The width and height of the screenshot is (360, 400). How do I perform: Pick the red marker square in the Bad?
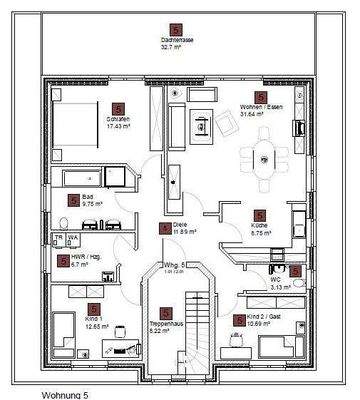click(74, 200)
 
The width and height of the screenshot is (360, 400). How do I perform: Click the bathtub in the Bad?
click(89, 177)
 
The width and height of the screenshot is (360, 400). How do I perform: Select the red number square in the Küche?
click(260, 214)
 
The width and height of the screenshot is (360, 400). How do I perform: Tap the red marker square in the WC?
click(297, 270)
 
